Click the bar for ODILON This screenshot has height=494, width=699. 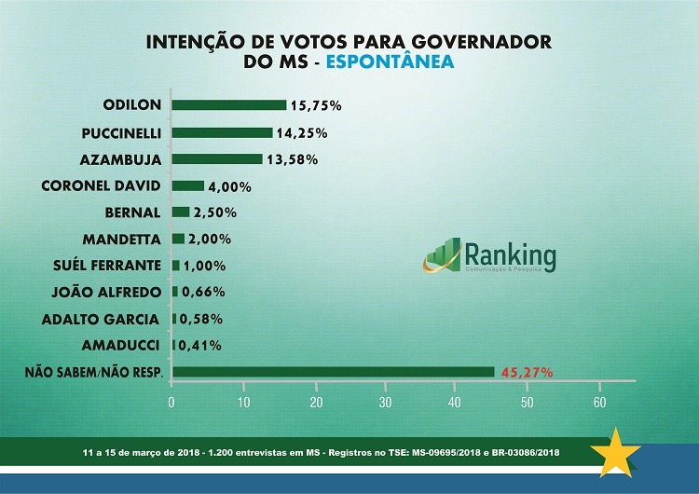point(229,104)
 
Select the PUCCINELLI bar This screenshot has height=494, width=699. point(222,131)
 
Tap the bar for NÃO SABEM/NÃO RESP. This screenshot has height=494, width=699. point(334,372)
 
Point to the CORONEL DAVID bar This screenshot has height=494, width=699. point(188,185)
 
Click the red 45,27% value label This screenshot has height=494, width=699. point(527,372)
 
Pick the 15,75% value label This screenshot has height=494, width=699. point(316,105)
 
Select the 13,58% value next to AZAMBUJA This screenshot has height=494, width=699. point(293,159)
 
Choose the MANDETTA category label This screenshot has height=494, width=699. point(121,239)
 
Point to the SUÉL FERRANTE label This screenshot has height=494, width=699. point(107,266)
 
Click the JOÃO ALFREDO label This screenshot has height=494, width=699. point(109,292)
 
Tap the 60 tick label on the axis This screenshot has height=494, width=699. point(599,402)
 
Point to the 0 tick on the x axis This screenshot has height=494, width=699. point(172,402)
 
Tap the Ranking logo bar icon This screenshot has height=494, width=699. point(442,255)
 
